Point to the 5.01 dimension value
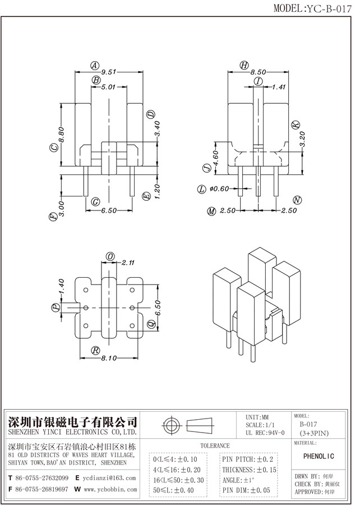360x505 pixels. tap(108, 88)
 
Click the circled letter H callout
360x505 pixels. tap(244, 65)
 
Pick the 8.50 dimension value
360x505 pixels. tap(258, 72)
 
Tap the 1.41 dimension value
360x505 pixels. tap(278, 88)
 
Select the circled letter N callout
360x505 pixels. tap(298, 200)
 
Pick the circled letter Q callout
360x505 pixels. tap(150, 324)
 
